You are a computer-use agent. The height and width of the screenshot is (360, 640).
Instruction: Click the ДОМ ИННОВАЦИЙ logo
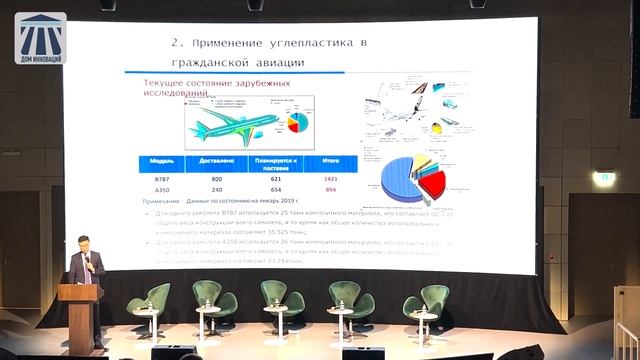(40, 38)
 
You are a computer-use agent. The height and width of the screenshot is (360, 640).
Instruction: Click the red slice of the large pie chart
(431, 183)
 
